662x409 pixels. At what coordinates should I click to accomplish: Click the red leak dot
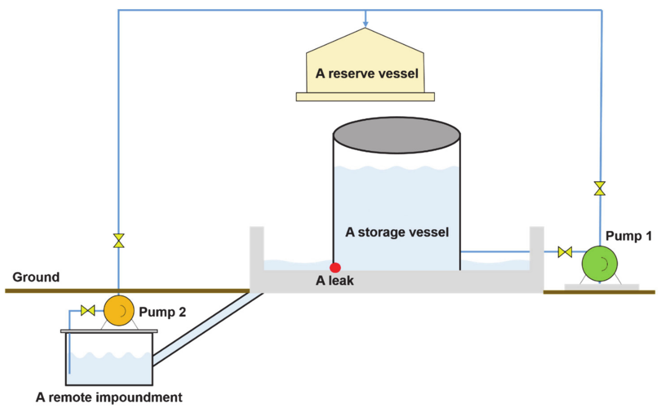pyautogui.click(x=335, y=267)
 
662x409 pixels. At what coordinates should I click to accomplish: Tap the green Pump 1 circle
pyautogui.click(x=600, y=263)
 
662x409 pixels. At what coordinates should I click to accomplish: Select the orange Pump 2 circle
pyautogui.click(x=119, y=311)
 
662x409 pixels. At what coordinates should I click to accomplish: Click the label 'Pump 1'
pyautogui.click(x=629, y=236)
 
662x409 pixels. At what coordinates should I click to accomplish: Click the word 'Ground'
pyautogui.click(x=36, y=277)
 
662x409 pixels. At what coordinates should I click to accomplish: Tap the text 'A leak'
pyautogui.click(x=335, y=281)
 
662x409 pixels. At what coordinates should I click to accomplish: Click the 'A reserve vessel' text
pyautogui.click(x=367, y=74)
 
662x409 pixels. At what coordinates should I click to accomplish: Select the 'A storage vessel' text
pyautogui.click(x=397, y=232)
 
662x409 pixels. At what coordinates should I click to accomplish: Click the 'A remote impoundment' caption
pyautogui.click(x=109, y=397)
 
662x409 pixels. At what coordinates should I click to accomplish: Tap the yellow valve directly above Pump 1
pyautogui.click(x=600, y=188)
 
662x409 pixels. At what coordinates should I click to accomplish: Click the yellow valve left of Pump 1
pyautogui.click(x=565, y=252)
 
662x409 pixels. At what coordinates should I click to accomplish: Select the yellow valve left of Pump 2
pyautogui.click(x=88, y=310)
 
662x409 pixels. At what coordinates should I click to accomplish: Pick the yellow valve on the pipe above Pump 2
pyautogui.click(x=119, y=241)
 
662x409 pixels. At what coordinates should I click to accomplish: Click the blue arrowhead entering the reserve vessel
pyautogui.click(x=365, y=24)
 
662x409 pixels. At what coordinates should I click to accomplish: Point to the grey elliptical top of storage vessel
pyautogui.click(x=396, y=135)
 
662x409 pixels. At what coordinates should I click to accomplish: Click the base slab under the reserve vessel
pyautogui.click(x=365, y=97)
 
